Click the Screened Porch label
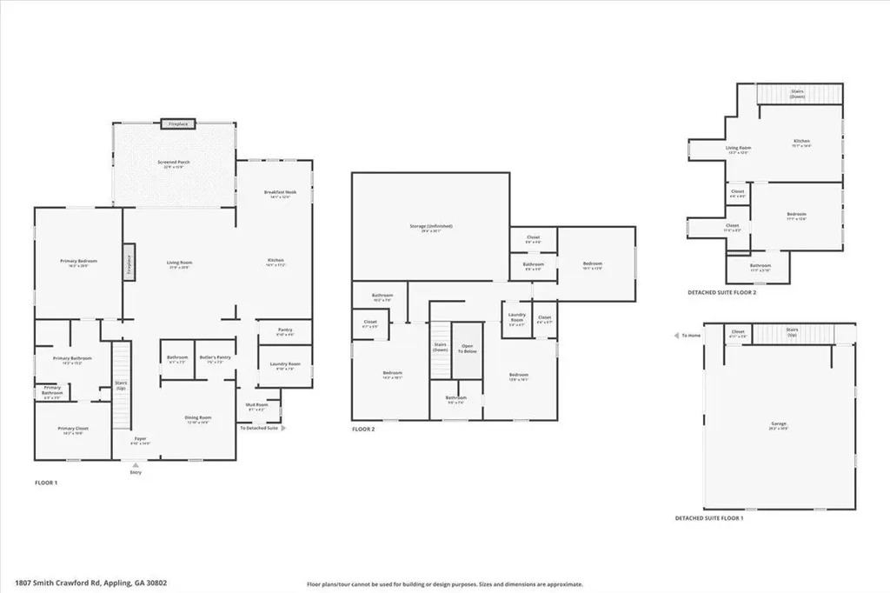pyautogui.click(x=174, y=163)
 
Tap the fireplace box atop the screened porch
pyautogui.click(x=178, y=124)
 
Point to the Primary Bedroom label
pyautogui.click(x=78, y=263)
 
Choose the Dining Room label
pyautogui.click(x=198, y=419)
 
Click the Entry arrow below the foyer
pyautogui.click(x=136, y=464)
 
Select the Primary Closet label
pyautogui.click(x=73, y=430)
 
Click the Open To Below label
pyautogui.click(x=468, y=349)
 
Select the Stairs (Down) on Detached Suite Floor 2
pyautogui.click(x=797, y=93)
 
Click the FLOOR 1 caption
pyautogui.click(x=46, y=482)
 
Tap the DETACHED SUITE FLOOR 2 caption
pyautogui.click(x=721, y=293)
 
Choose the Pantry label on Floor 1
pyautogui.click(x=284, y=331)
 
